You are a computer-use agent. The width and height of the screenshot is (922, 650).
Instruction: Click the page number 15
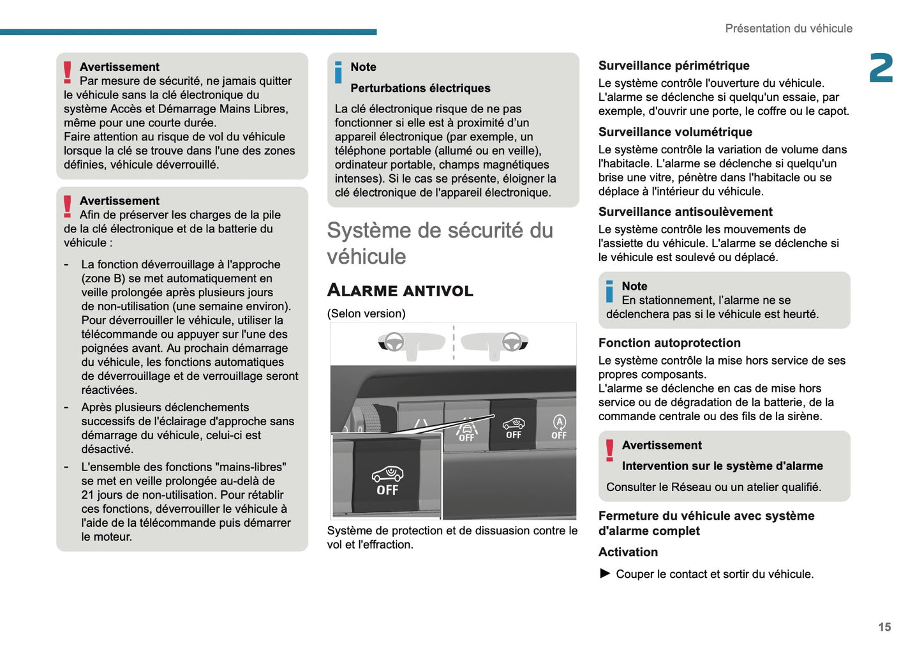pos(884,627)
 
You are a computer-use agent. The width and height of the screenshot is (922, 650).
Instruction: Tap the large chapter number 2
pos(881,68)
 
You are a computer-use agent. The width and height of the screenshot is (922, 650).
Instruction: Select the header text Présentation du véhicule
pos(788,29)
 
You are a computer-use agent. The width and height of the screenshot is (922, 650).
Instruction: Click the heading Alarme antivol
pos(400,291)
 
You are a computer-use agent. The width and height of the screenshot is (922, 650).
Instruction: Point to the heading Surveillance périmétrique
pos(674,66)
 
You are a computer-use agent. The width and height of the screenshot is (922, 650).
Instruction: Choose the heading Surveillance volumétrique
pos(675,132)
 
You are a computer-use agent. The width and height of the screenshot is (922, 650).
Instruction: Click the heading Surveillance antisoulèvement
pos(685,212)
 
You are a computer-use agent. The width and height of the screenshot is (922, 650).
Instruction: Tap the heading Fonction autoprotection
pos(669,343)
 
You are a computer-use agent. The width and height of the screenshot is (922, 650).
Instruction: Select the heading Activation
pos(628,552)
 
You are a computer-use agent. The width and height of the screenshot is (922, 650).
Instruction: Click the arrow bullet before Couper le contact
pos(605,573)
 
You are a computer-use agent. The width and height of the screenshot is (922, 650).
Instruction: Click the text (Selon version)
pos(366,314)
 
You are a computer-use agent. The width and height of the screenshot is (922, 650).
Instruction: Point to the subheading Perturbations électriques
pos(420,88)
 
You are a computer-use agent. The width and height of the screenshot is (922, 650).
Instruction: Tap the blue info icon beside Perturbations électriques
pos(338,73)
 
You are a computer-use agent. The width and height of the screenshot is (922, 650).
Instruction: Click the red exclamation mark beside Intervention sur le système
pos(610,450)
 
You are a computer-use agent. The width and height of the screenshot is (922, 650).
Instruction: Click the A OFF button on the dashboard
pos(559,427)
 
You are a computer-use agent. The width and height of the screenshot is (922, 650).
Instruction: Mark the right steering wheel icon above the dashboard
pos(511,342)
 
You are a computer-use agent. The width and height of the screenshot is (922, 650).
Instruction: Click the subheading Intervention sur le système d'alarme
pos(722,466)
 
